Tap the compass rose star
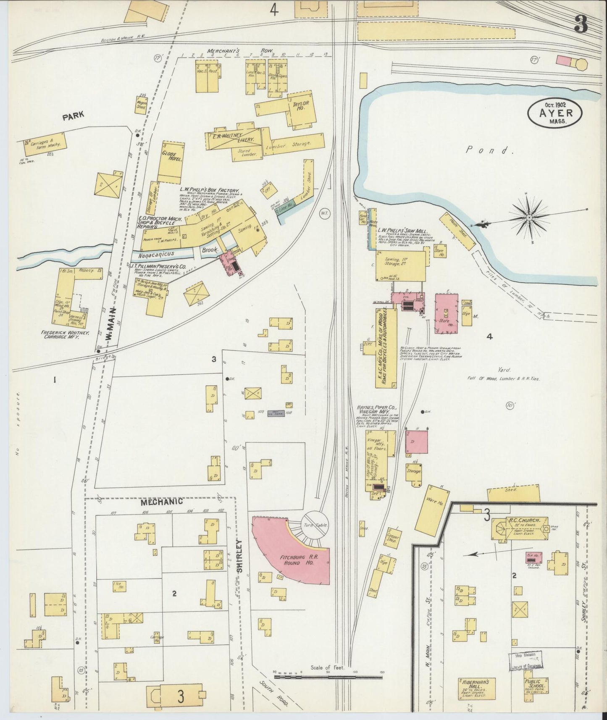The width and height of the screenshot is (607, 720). (529, 217)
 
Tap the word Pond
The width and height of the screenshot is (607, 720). (490, 150)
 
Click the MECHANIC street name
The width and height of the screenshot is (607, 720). (161, 502)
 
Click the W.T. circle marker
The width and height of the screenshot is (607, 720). (325, 214)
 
